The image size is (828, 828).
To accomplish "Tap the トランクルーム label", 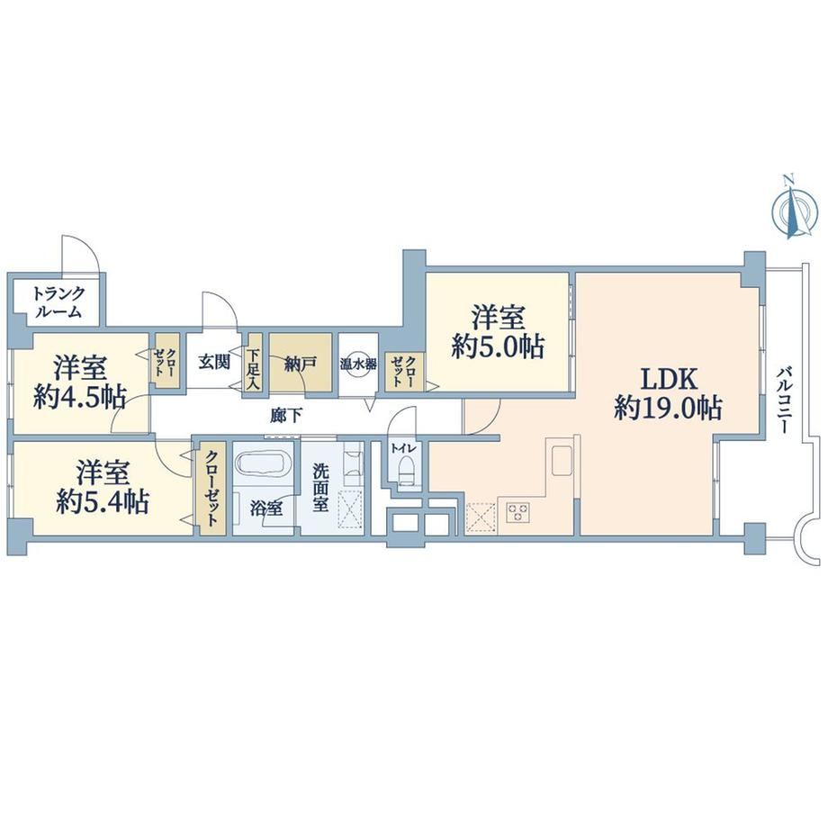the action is (58, 301).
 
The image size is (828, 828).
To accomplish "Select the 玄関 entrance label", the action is (214, 362).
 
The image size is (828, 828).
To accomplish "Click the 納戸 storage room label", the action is (300, 364).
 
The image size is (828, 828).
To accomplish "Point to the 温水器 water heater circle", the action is (358, 364).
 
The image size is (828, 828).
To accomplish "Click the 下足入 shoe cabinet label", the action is (255, 363).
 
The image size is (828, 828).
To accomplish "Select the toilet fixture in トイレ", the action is (405, 470).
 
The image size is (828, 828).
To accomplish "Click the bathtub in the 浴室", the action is (264, 463).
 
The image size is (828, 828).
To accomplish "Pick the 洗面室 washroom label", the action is (320, 488).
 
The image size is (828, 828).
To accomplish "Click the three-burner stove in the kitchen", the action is (517, 511).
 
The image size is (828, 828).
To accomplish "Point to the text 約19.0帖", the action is (668, 409).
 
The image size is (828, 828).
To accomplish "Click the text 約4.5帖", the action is (80, 398).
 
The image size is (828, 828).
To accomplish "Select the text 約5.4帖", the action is (103, 502).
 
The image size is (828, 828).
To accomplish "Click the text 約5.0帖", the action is (498, 346).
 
